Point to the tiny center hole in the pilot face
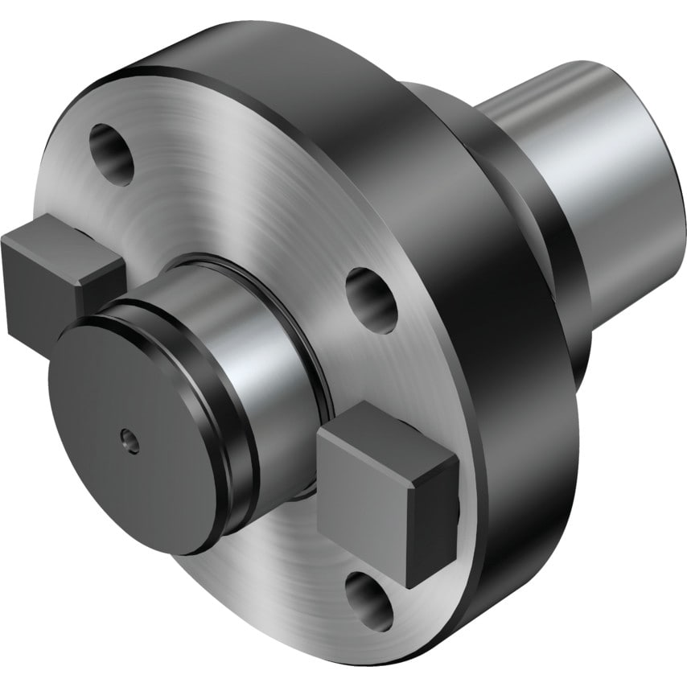[x=126, y=438]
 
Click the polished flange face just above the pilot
[x=241, y=201]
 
